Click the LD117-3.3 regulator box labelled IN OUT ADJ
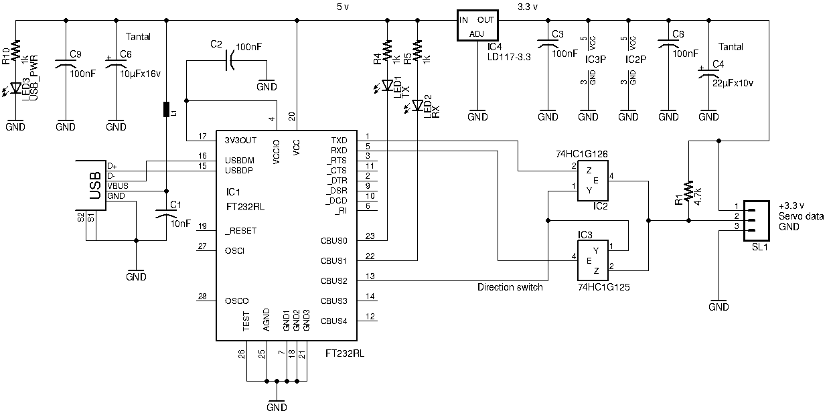[477, 25]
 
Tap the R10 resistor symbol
[16, 50]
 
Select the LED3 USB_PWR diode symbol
[15, 88]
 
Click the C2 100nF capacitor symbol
[230, 60]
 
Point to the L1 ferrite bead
[167, 109]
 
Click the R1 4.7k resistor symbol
[688, 191]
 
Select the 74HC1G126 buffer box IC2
[593, 181]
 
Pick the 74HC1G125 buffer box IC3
[593, 260]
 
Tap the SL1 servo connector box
[757, 221]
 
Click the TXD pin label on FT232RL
[339, 141]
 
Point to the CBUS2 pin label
[334, 281]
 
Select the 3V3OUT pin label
[240, 141]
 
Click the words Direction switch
[510, 287]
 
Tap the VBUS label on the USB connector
[118, 186]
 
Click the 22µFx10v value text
[733, 83]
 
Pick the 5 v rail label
[343, 7]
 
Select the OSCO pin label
[236, 301]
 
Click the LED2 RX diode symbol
[418, 106]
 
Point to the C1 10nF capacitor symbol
[166, 214]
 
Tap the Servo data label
[801, 216]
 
